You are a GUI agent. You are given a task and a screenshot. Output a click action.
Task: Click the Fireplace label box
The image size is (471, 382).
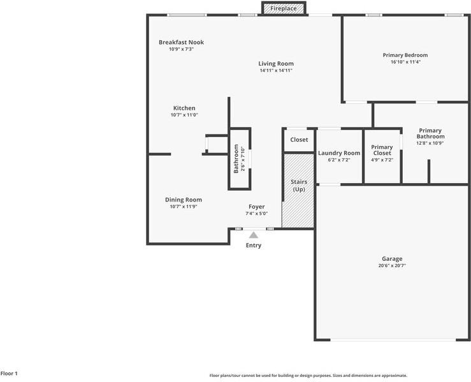coord(284,8)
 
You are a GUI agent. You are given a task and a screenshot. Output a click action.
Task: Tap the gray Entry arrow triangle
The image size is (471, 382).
coord(254,235)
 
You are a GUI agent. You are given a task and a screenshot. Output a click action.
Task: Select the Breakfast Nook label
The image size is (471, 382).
coord(181,42)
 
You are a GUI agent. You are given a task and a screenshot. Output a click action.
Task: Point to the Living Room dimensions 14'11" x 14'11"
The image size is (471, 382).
coord(276,71)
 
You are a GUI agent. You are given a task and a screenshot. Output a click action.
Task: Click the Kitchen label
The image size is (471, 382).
coord(184,108)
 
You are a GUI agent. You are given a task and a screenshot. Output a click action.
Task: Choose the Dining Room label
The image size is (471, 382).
coord(183,200)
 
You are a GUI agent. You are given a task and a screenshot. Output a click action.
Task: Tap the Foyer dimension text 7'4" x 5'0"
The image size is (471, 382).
coord(256,214)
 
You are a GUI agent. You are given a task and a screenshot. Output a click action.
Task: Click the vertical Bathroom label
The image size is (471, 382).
coord(236,159)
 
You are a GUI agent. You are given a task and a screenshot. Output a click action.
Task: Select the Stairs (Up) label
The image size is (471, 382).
coord(299,186)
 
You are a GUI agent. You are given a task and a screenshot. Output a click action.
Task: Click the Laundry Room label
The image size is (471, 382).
coord(339,153)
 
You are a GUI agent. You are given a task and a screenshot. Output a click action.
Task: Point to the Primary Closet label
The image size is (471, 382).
coord(382,150)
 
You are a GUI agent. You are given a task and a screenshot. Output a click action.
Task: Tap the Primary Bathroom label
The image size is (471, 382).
coord(430,133)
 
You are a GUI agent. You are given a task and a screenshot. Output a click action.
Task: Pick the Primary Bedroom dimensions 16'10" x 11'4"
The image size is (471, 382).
coord(405,62)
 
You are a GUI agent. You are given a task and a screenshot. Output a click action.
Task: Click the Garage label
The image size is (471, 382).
coord(392,259)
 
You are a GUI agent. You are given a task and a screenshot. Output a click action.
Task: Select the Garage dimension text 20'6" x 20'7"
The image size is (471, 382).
coord(392,266)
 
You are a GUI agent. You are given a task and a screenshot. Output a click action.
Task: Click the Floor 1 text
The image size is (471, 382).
coord(9,374)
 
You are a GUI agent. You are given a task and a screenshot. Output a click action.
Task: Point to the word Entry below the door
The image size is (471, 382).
coord(254,246)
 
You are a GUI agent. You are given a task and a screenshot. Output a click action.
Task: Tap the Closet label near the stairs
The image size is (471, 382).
coord(299,140)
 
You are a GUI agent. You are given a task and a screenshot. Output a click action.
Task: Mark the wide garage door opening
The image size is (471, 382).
coord(393,340)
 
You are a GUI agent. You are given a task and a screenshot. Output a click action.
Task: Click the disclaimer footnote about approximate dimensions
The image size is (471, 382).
coord(308,376)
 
